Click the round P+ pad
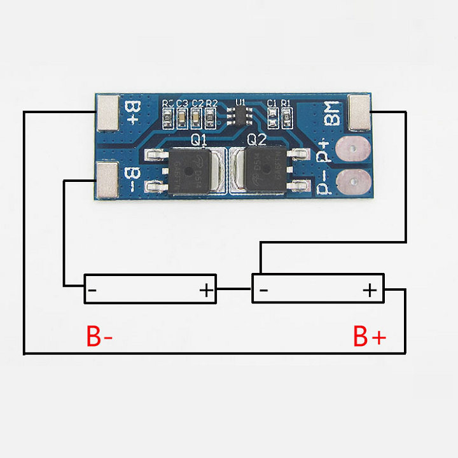pos(351,150)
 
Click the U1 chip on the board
pos(240,116)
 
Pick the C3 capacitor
pos(182,116)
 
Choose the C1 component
pos(272,116)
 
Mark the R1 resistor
pos(287,116)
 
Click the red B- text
pos(99,337)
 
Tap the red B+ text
pos(369,337)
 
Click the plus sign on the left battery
pos(207,291)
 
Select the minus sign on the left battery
pos(94,291)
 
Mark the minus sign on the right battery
pos(263,291)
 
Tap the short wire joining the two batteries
pos(235,289)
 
